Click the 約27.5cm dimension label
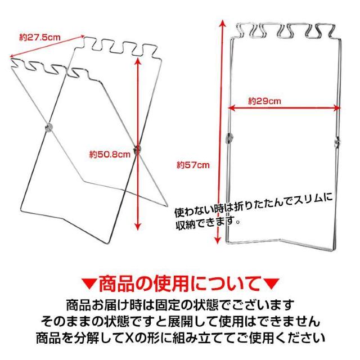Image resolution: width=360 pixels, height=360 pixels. click(x=39, y=38)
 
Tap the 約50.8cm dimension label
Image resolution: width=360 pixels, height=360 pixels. click(x=110, y=154)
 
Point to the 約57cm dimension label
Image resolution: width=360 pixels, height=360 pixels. click(x=192, y=165)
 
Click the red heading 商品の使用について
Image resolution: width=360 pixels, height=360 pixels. click(x=180, y=281)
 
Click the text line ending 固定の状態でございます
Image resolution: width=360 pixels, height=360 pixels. click(x=180, y=304)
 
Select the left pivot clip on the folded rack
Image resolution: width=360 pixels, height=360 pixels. click(x=229, y=138)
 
